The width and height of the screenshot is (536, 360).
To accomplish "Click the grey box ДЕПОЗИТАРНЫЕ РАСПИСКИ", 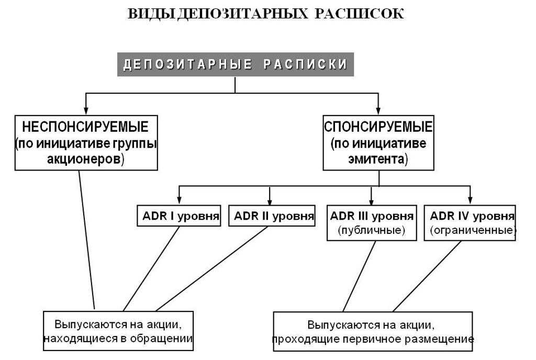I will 235,65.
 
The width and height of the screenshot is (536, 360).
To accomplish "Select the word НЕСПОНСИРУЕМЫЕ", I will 86,127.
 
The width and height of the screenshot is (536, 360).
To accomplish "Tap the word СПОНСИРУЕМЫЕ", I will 378,127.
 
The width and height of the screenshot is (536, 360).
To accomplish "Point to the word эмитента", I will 377,160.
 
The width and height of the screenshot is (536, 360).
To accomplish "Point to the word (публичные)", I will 372,230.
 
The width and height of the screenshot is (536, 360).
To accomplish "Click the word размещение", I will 447,339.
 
